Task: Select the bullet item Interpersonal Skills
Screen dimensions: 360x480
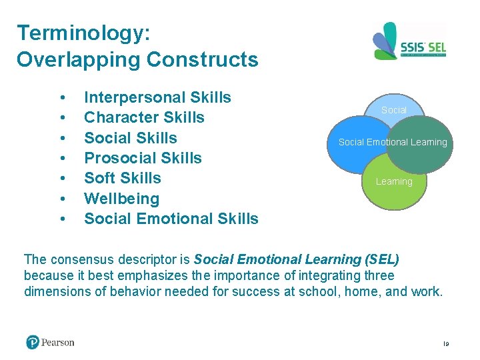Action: pos(157,97)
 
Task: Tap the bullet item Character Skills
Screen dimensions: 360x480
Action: pos(144,118)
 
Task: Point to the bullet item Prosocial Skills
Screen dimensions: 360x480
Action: pos(143,158)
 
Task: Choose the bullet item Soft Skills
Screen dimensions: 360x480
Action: pos(123,178)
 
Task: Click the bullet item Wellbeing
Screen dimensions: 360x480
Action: pos(122,199)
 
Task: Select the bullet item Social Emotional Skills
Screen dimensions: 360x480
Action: pos(171,219)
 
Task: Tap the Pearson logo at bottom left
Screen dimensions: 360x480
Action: pos(51,342)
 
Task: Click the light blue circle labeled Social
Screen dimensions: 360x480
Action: pos(393,107)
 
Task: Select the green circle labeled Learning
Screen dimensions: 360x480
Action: pos(394,187)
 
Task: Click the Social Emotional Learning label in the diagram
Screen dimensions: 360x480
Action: pos(393,142)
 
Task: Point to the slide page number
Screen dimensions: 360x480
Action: pos(446,343)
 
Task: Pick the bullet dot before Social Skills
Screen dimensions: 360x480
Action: pos(62,138)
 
